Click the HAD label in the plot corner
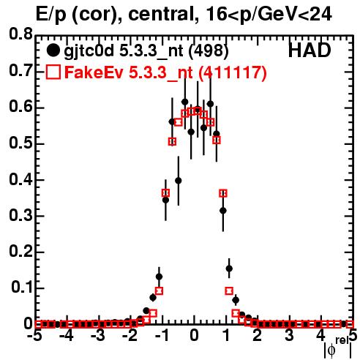310,50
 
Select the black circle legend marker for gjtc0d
53,50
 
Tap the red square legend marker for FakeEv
53,72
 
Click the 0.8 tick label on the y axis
20,34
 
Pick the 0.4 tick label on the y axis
20,180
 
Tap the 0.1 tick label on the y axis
21,288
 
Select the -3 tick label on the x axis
99,336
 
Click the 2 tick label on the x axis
258,336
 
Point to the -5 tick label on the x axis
36,336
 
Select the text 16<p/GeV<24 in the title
269,15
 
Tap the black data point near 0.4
179,181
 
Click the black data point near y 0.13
159,277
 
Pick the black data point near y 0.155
229,269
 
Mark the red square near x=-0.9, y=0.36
165,193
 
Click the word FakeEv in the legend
94,72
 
